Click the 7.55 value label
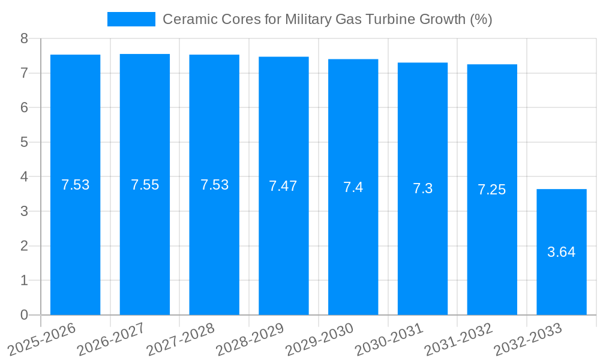[x=145, y=185]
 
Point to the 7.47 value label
[x=283, y=186]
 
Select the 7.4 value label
[x=353, y=187]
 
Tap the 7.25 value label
[x=491, y=190]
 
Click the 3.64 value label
[x=562, y=252]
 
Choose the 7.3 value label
[x=422, y=188]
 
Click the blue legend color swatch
[x=131, y=19]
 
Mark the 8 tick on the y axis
[x=24, y=38]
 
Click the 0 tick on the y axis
[x=24, y=315]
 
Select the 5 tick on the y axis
[x=24, y=142]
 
